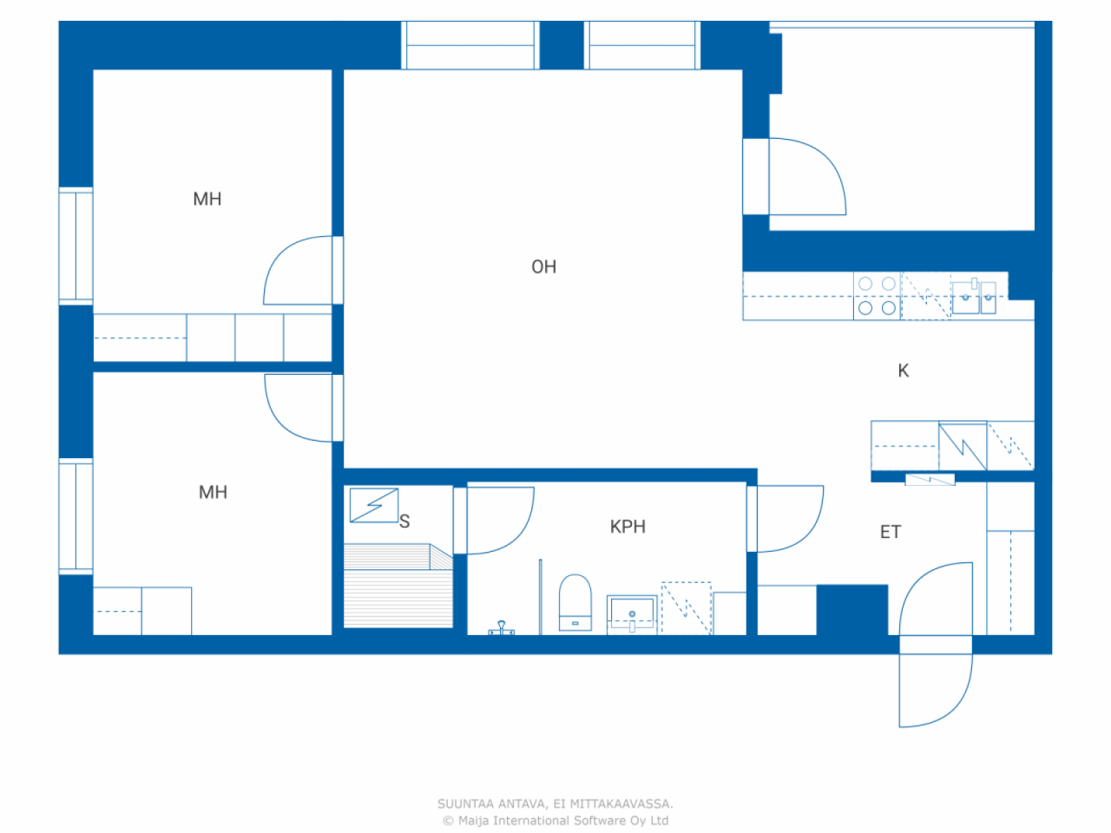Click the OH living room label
tap(543, 266)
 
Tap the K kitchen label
tap(903, 371)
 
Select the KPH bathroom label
tap(628, 527)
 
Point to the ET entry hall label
tap(891, 532)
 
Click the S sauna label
tap(404, 521)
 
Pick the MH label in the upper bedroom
tap(207, 199)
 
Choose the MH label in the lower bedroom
tap(213, 492)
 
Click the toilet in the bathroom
tap(575, 602)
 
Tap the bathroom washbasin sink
tap(632, 614)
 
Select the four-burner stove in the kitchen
tap(877, 296)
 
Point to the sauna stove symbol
tap(374, 505)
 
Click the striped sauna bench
tap(398, 586)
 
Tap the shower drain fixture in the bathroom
tap(501, 627)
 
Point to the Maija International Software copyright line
tap(555, 820)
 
